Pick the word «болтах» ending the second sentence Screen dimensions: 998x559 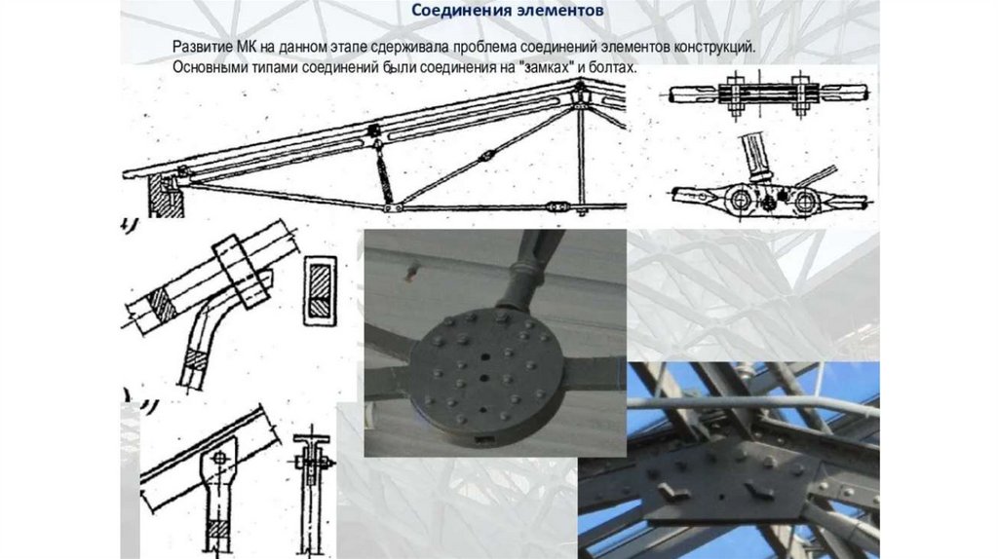[614, 67]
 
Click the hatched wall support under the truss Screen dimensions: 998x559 [163, 196]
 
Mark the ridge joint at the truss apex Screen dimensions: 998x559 [581, 93]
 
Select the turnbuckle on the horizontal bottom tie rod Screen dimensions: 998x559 [557, 206]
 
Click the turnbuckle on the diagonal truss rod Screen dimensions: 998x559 [487, 156]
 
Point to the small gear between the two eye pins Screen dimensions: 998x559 [769, 203]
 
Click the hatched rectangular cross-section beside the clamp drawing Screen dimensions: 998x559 [320, 290]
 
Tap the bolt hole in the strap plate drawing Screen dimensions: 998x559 [219, 458]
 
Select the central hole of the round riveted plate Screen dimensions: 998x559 [483, 378]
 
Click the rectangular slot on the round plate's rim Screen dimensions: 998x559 [483, 439]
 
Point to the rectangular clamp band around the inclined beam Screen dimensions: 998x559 [241, 272]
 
